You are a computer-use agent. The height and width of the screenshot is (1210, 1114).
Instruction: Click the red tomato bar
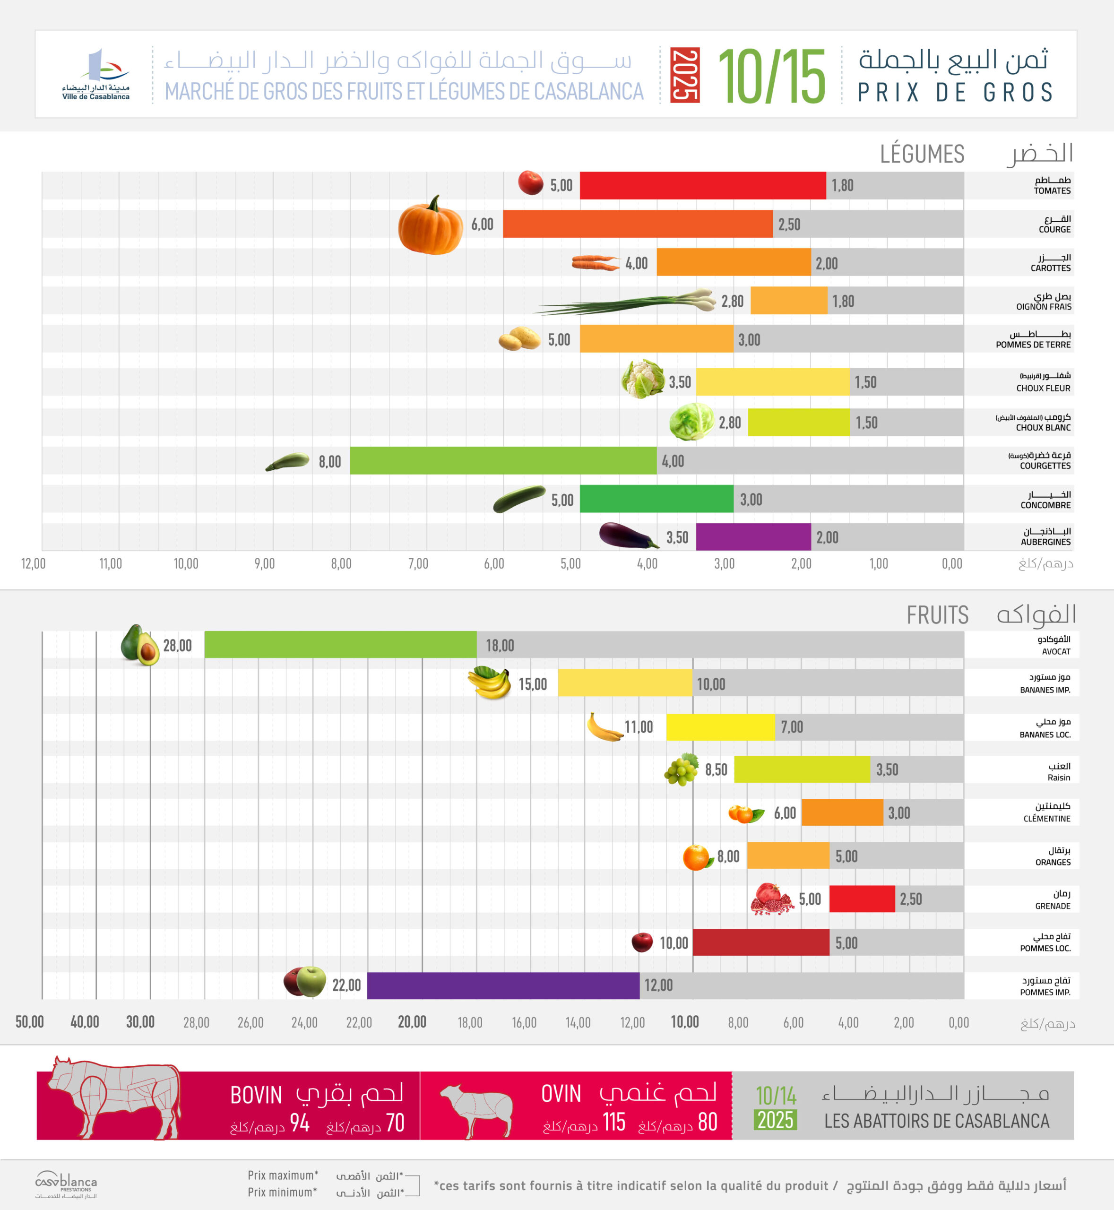click(702, 185)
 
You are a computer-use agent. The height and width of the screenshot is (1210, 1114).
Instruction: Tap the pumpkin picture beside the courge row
click(431, 225)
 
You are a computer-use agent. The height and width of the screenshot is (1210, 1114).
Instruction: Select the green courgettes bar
click(503, 461)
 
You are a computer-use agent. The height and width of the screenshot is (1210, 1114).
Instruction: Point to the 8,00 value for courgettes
click(330, 462)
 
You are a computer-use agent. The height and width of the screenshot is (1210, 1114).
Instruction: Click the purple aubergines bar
click(753, 536)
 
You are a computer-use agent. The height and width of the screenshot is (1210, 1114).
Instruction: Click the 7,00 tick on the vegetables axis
click(418, 564)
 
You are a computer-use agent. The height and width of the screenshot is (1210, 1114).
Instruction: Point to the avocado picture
click(140, 645)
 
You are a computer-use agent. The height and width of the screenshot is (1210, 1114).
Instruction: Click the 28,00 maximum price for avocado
click(177, 646)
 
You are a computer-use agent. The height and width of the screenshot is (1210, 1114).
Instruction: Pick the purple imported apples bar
click(503, 985)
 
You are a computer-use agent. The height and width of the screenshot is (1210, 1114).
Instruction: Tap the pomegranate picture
click(772, 899)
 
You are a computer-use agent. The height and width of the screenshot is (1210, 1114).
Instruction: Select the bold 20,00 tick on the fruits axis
click(412, 1022)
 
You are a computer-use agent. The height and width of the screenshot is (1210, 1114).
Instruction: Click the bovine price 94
click(300, 1123)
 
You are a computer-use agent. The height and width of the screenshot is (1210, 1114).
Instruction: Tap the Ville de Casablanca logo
click(96, 75)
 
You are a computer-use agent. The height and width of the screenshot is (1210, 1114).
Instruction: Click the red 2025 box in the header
click(685, 75)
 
